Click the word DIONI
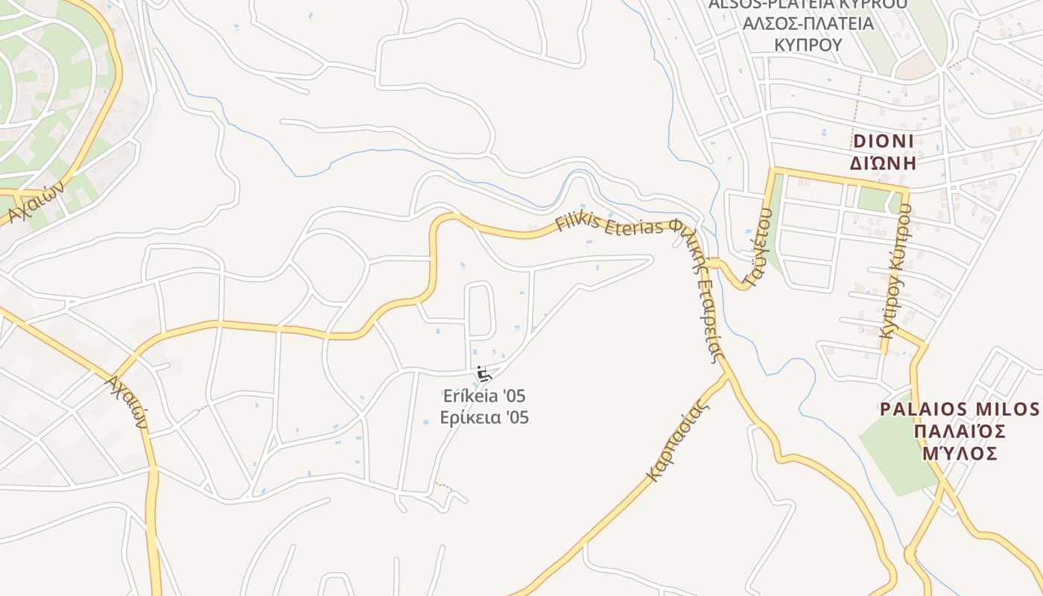[883, 142]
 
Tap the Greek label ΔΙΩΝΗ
[883, 163]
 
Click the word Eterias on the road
[638, 226]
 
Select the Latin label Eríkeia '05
[484, 396]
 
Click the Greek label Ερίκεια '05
[484, 417]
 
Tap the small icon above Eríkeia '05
[482, 373]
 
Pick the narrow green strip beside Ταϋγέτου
[776, 223]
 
